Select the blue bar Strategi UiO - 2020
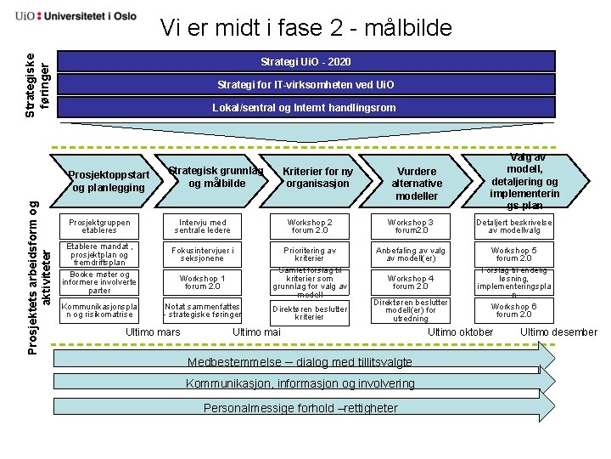[305, 62]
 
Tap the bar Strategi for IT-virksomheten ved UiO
[305, 85]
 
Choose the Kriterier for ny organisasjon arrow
[317, 178]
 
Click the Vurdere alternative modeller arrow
[418, 183]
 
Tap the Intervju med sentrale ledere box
[201, 227]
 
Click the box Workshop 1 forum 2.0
[201, 282]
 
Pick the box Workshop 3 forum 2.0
[410, 227]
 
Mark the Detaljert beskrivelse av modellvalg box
[513, 227]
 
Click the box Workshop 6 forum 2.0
[513, 310]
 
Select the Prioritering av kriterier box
[309, 254]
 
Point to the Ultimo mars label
[153, 331]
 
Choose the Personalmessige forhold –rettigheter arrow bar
[301, 408]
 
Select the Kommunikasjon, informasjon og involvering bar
[301, 383]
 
